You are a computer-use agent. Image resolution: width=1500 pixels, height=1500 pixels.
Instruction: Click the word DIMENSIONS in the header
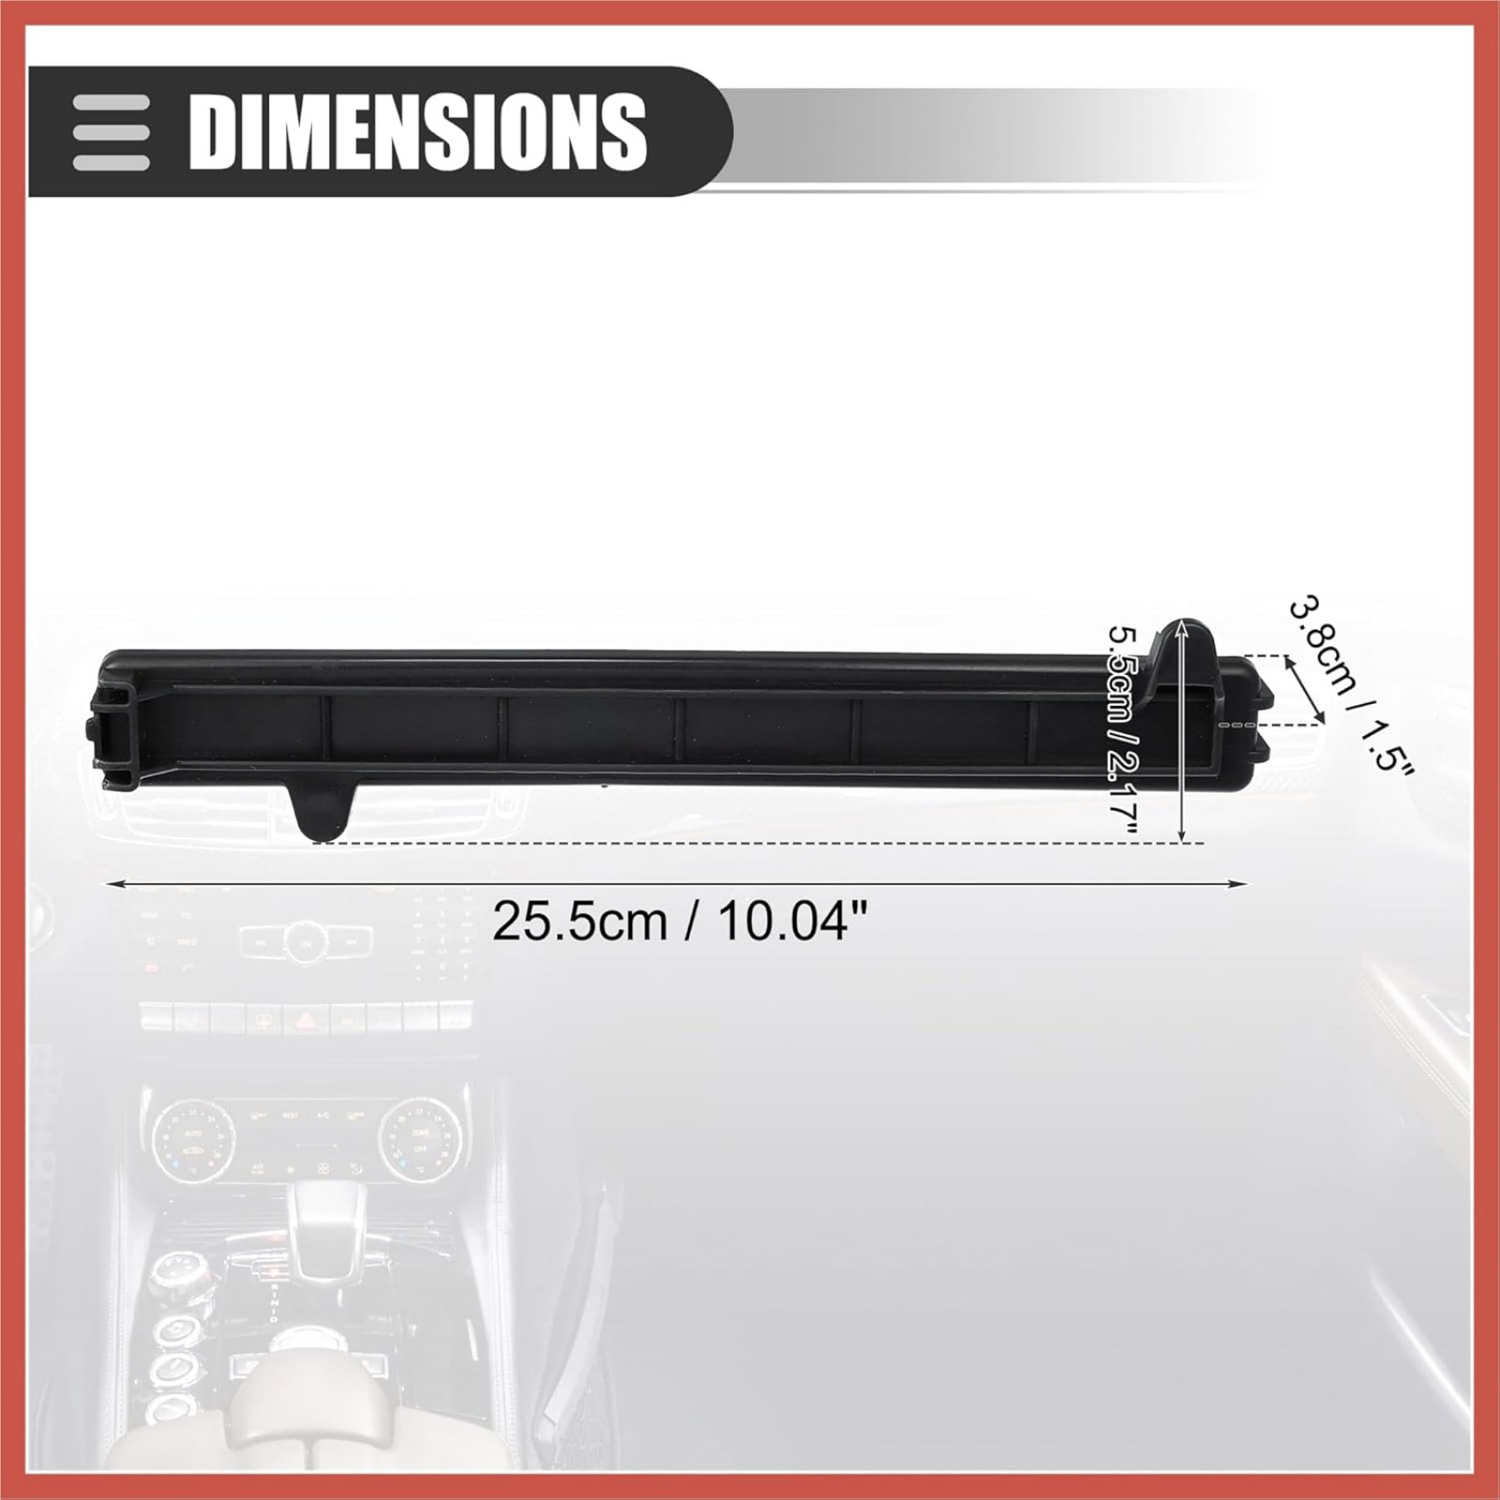[418, 130]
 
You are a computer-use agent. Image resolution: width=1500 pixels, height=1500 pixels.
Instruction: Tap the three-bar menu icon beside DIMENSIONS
[112, 131]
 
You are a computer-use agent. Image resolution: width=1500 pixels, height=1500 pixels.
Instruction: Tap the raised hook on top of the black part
[1189, 656]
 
